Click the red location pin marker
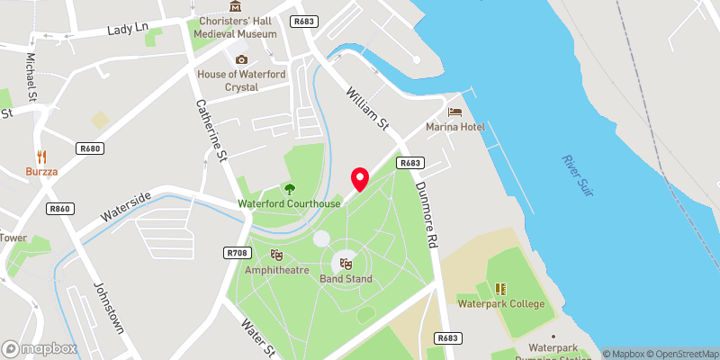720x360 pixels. [360, 179]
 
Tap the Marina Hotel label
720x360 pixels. [455, 127]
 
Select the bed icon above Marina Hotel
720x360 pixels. [455, 112]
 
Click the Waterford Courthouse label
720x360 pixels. [289, 204]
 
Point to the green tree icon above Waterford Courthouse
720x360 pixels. [290, 189]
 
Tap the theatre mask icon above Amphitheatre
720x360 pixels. [276, 255]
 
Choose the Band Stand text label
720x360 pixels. [346, 279]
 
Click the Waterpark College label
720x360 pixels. [500, 303]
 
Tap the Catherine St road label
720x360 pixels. [211, 132]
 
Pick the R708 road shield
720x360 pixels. [237, 253]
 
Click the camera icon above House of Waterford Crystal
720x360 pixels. [240, 60]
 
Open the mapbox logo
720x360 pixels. [40, 348]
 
